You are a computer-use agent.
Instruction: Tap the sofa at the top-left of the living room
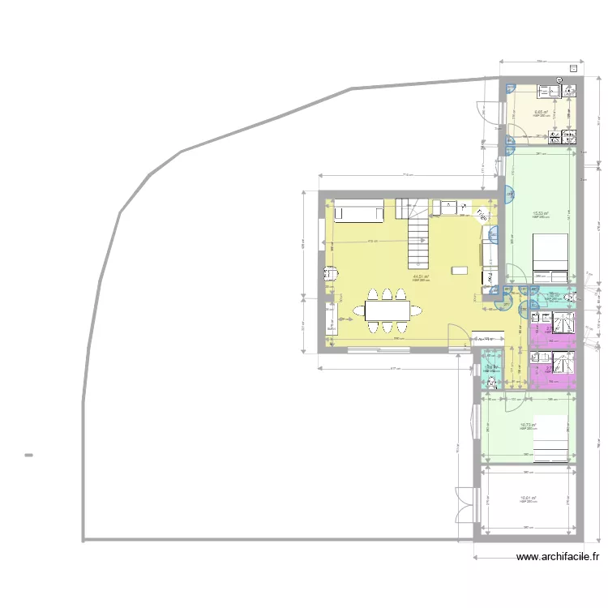(x=359, y=213)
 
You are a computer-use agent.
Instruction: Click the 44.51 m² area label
(x=421, y=277)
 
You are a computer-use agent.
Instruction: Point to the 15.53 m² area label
(x=541, y=214)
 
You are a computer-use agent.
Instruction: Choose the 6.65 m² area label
(x=541, y=113)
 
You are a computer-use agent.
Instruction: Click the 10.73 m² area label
(x=527, y=425)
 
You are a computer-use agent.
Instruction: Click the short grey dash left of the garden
(x=28, y=455)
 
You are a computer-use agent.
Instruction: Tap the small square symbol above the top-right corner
(x=573, y=69)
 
